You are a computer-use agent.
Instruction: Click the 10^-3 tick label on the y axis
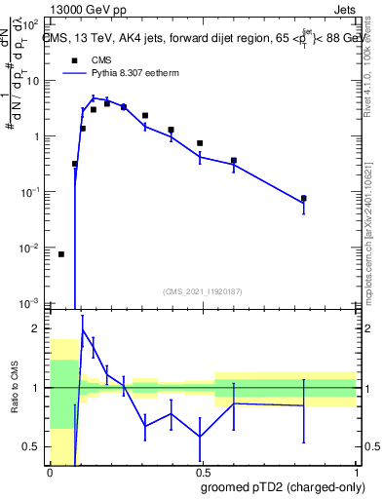35,304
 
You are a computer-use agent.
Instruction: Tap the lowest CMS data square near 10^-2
60,254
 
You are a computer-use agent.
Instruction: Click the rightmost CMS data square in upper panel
304,199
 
